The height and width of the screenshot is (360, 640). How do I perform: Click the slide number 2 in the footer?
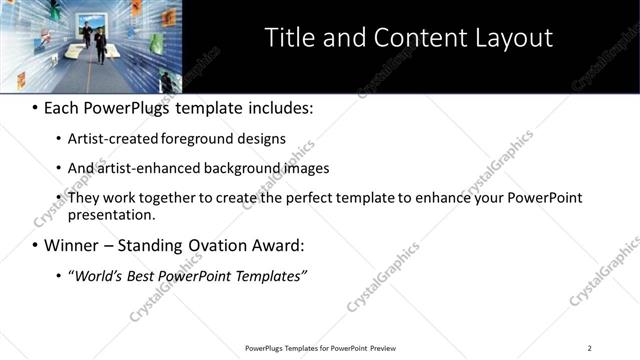[589, 348]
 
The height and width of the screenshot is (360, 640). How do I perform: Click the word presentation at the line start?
[111, 214]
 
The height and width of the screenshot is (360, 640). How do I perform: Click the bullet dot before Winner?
[35, 246]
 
